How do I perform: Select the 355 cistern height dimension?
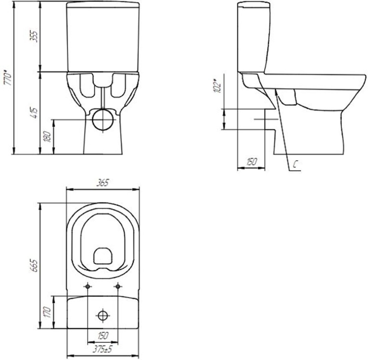pyautogui.click(x=34, y=36)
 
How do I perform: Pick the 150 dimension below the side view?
pyautogui.click(x=251, y=162)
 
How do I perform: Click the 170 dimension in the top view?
pyautogui.click(x=47, y=312)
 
